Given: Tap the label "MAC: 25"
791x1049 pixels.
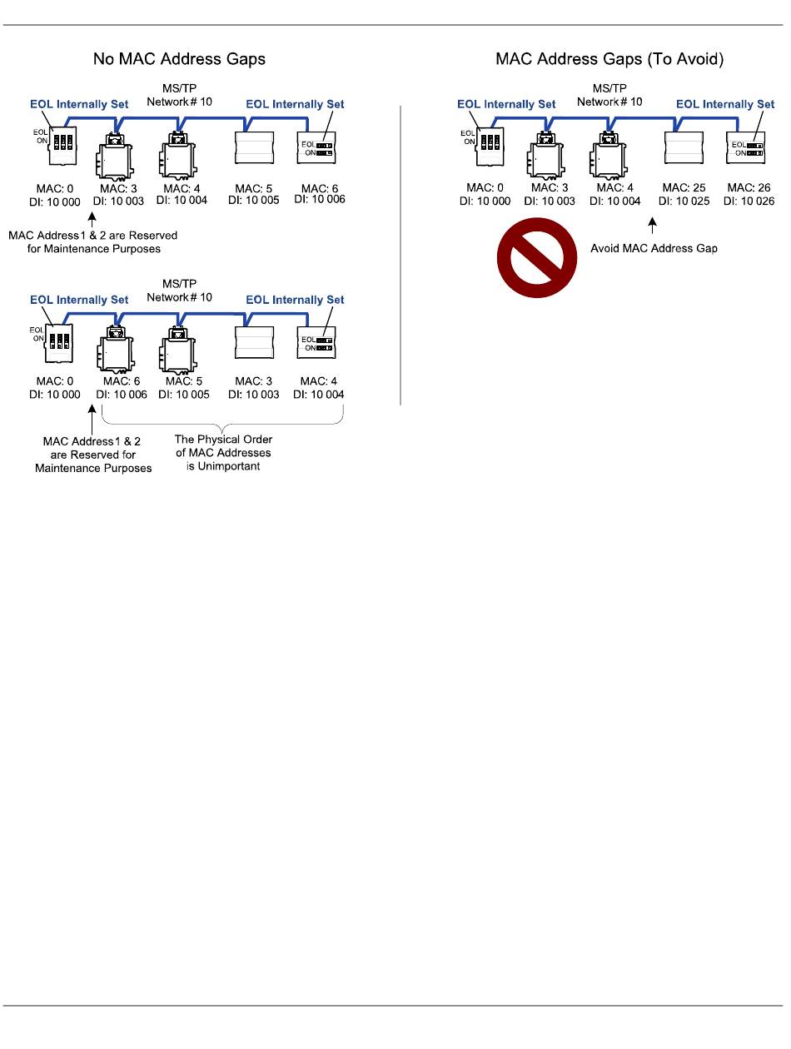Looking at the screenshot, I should pyautogui.click(x=683, y=187).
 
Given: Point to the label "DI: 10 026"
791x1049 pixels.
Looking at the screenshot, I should pyautogui.click(x=748, y=201).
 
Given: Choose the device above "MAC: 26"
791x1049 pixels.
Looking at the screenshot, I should pyautogui.click(x=746, y=147).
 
